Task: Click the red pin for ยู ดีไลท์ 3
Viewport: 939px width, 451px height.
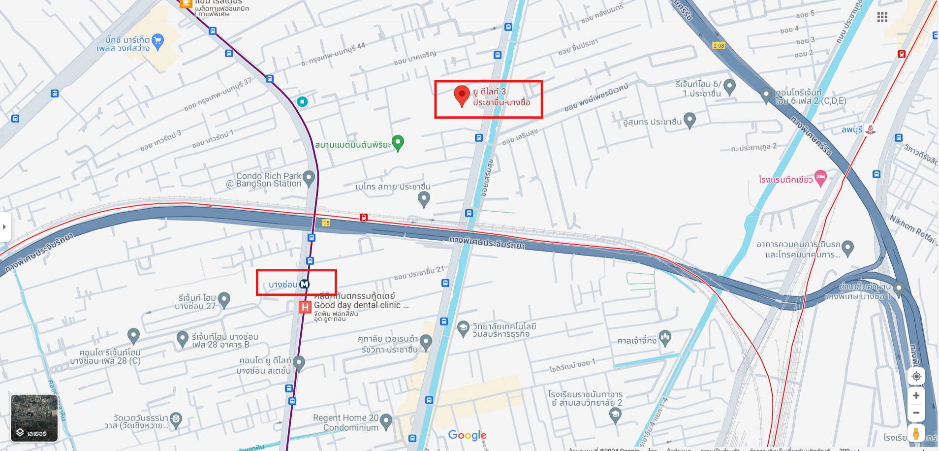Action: pyautogui.click(x=462, y=95)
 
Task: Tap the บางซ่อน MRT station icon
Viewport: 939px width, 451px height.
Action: pyautogui.click(x=305, y=285)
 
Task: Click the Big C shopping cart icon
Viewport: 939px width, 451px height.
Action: pyautogui.click(x=157, y=41)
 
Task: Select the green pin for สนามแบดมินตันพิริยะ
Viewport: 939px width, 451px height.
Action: pyautogui.click(x=398, y=143)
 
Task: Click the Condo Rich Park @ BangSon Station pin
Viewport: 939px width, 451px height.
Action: pyautogui.click(x=309, y=178)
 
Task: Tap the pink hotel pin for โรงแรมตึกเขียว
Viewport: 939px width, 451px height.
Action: pyautogui.click(x=820, y=178)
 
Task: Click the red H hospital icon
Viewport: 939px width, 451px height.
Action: pyautogui.click(x=305, y=307)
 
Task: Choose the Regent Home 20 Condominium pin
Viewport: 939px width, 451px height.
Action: pyautogui.click(x=386, y=421)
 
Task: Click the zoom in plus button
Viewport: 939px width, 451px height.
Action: pyautogui.click(x=916, y=395)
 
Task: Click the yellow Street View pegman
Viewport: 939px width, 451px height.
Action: pyautogui.click(x=916, y=434)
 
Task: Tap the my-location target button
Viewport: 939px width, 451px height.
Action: pyautogui.click(x=916, y=376)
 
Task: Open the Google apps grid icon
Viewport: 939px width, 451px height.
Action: pyautogui.click(x=882, y=18)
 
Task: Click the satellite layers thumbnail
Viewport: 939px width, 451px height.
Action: pyautogui.click(x=34, y=418)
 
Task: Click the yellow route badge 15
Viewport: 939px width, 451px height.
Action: pyautogui.click(x=326, y=223)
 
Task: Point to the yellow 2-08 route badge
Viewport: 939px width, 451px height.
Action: pyautogui.click(x=719, y=46)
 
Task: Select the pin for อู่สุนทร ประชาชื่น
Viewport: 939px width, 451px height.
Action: pyautogui.click(x=690, y=120)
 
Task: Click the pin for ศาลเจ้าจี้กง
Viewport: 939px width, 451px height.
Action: pyautogui.click(x=665, y=338)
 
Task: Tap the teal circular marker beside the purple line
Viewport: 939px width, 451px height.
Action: pyautogui.click(x=302, y=102)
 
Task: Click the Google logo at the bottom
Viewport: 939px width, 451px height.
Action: pyautogui.click(x=467, y=435)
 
